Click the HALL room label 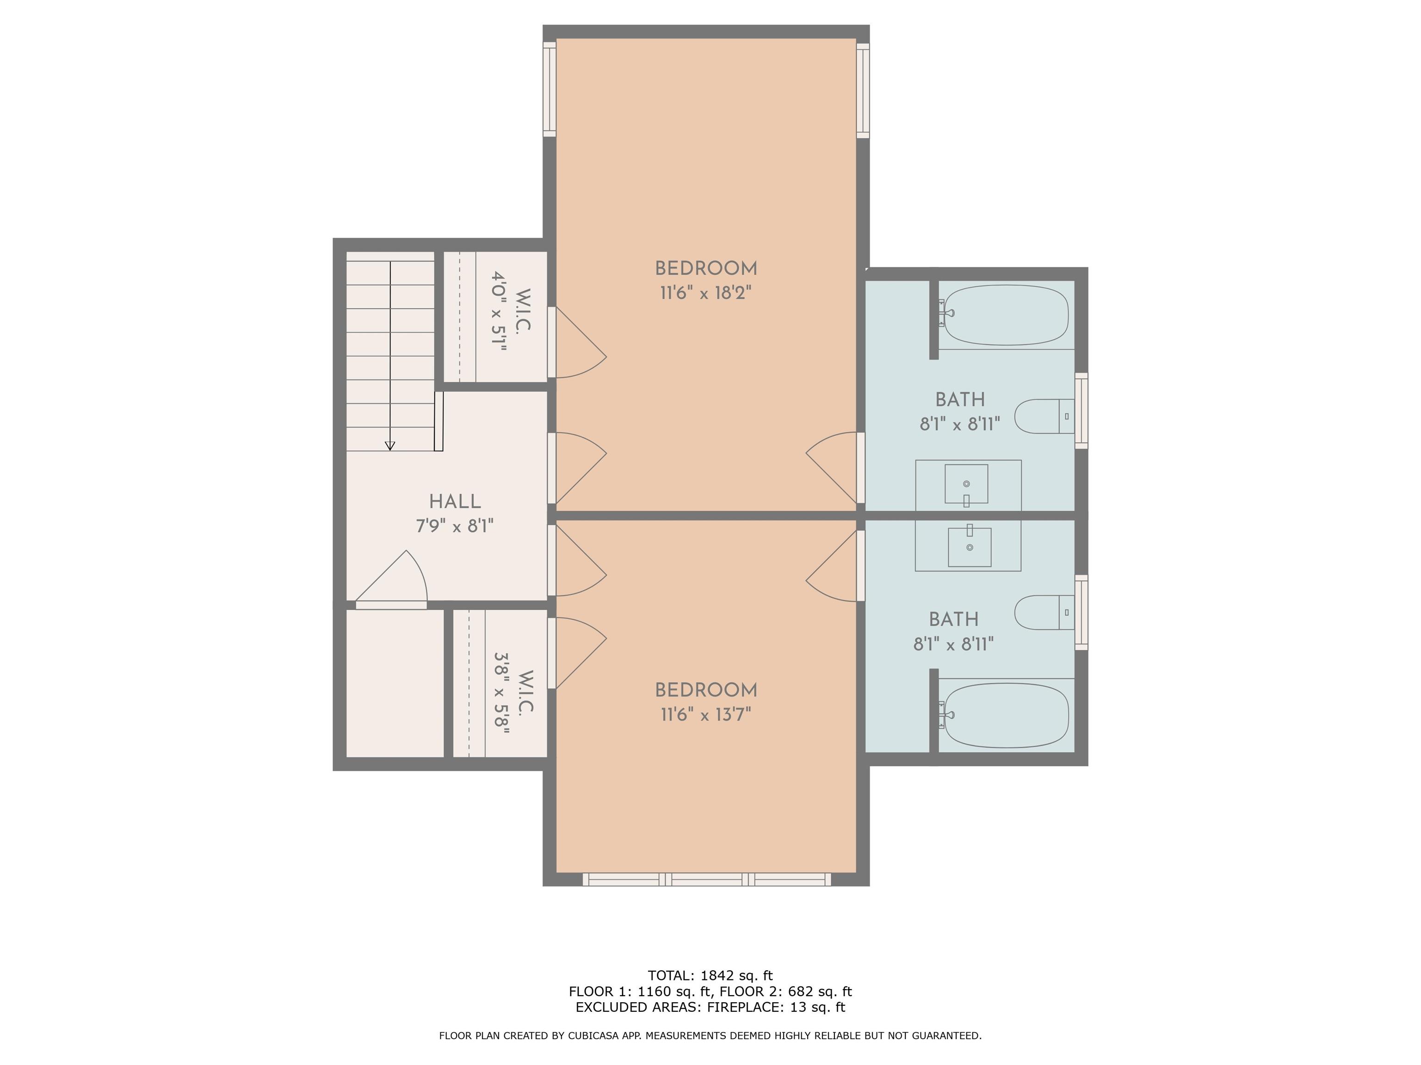point(455,502)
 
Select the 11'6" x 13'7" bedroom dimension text point(706,715)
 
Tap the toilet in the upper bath point(1044,416)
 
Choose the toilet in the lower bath point(1044,612)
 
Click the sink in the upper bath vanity point(966,484)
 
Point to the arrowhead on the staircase point(390,446)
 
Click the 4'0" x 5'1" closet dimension point(499,311)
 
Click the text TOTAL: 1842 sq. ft point(710,976)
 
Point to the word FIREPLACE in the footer point(745,1007)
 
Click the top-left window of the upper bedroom point(549,89)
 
